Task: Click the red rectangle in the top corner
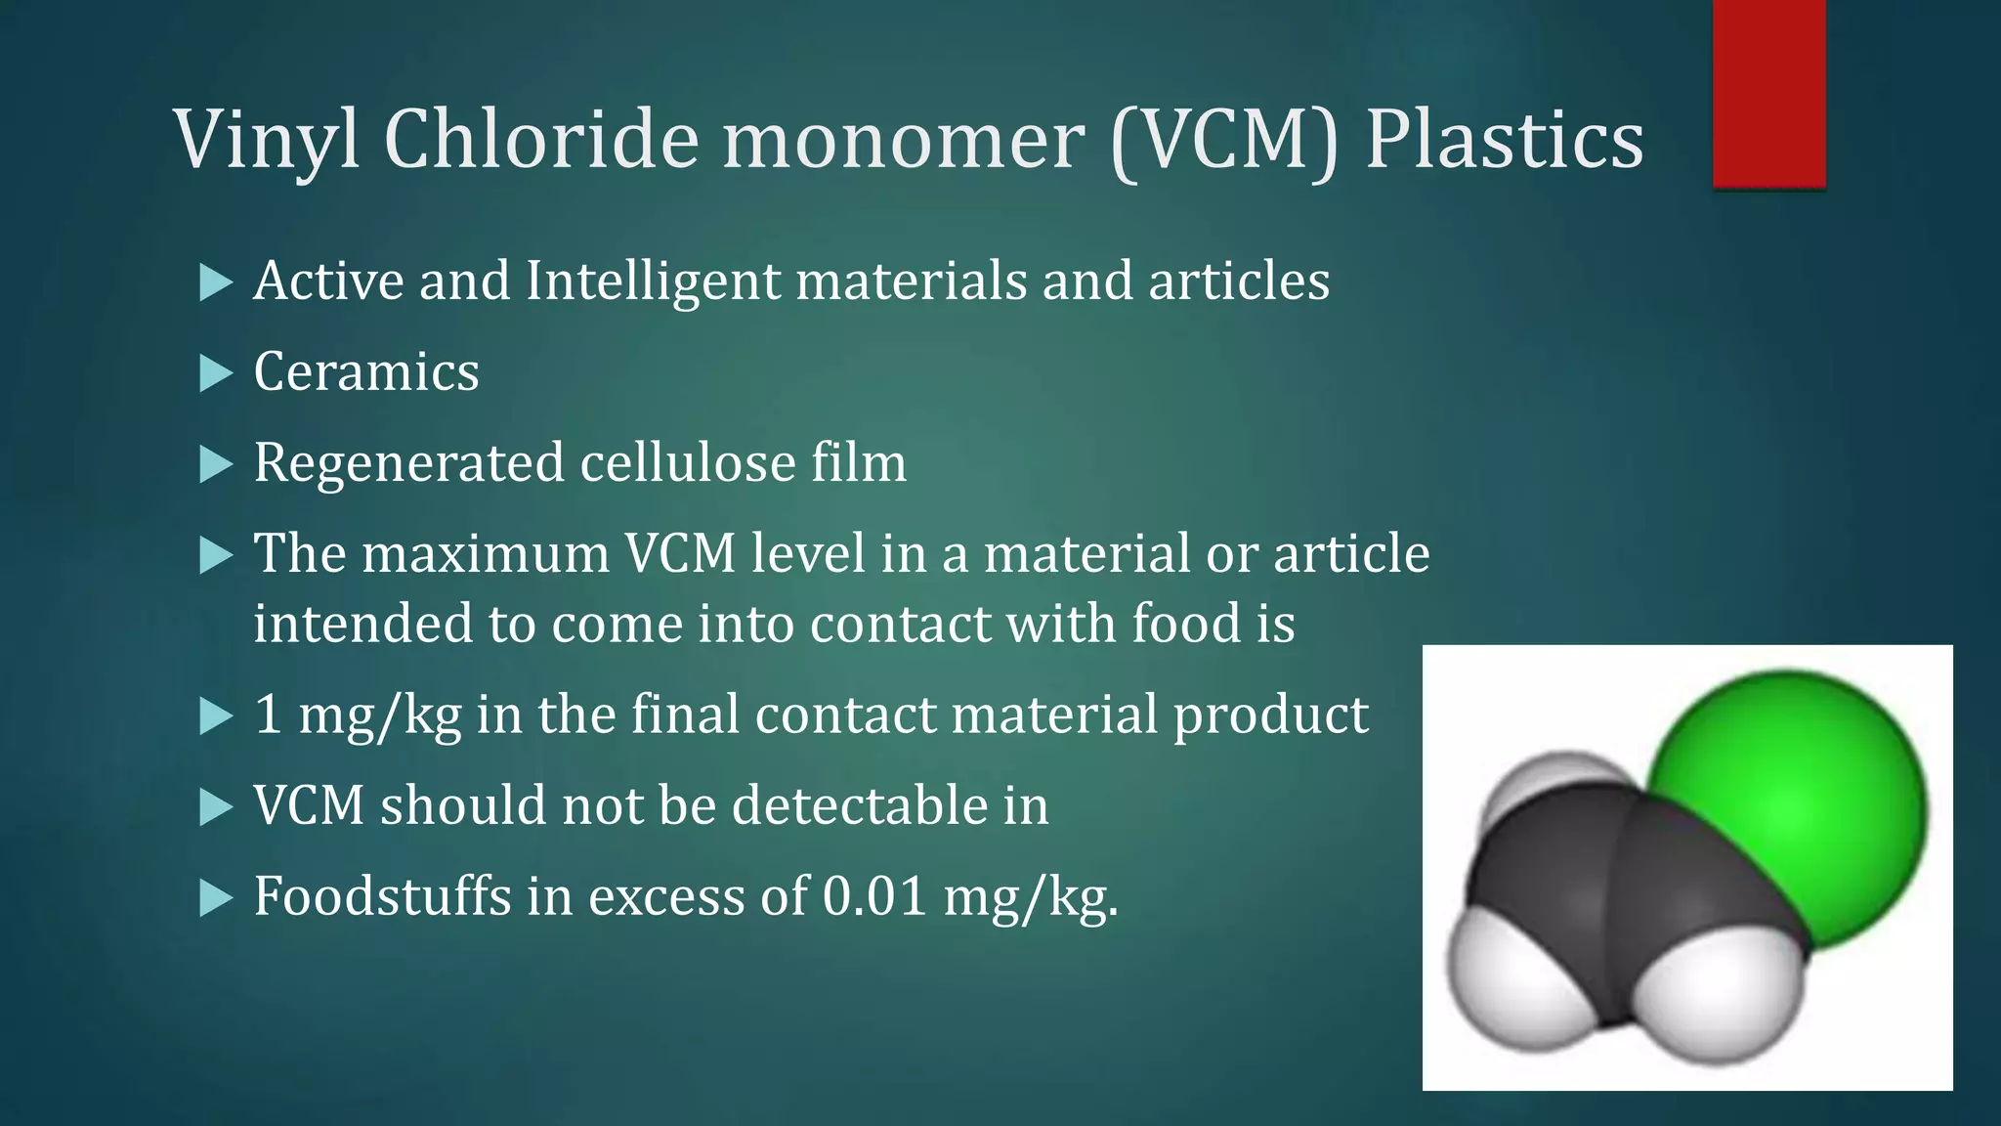click(x=1768, y=93)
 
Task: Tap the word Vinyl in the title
click(x=269, y=140)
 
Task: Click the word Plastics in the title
click(x=1504, y=140)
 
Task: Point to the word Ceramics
click(x=366, y=372)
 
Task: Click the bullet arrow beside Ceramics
click(x=215, y=373)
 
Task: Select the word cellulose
click(x=688, y=462)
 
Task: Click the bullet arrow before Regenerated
click(x=215, y=464)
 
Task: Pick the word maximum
click(x=486, y=554)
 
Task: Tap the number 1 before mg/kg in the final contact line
click(x=268, y=715)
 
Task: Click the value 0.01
click(x=873, y=896)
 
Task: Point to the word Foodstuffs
click(x=382, y=896)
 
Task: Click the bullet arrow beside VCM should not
click(x=215, y=807)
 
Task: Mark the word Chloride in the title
click(x=541, y=140)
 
